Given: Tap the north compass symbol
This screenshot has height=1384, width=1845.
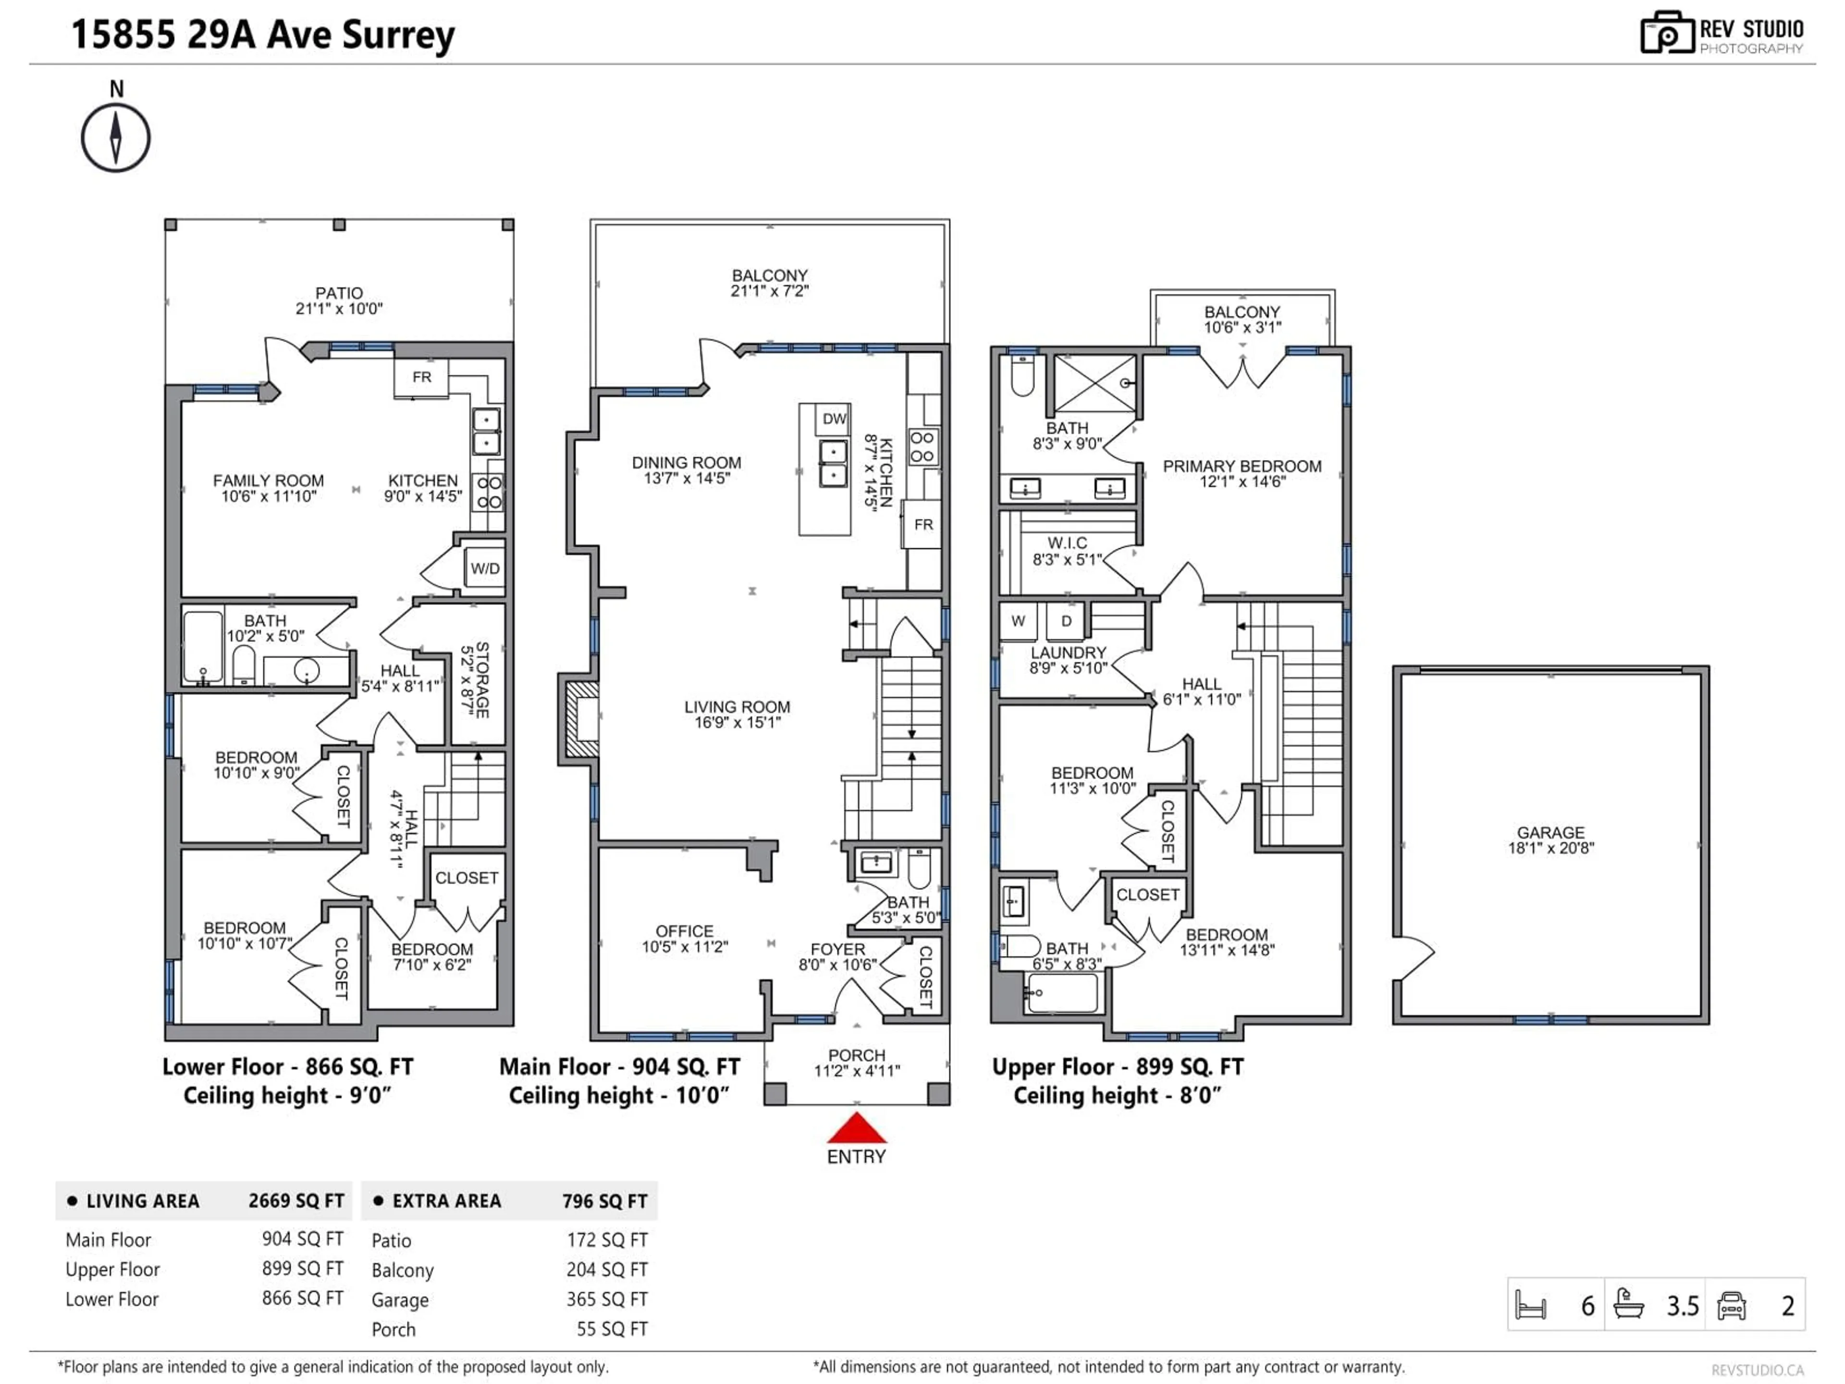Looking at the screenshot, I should [116, 137].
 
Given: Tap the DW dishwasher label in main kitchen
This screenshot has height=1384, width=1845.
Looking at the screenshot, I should [833, 419].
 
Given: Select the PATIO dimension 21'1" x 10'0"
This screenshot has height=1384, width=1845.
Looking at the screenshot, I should [339, 309].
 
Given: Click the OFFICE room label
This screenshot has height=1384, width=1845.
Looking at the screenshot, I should [684, 931].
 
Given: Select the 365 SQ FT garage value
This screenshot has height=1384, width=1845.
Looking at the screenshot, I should [606, 1299].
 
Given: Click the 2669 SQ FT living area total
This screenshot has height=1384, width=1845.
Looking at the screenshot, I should [295, 1200].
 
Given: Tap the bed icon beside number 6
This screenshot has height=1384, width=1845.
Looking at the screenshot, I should [1531, 1305].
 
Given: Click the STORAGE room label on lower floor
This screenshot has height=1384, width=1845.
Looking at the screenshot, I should [481, 679].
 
